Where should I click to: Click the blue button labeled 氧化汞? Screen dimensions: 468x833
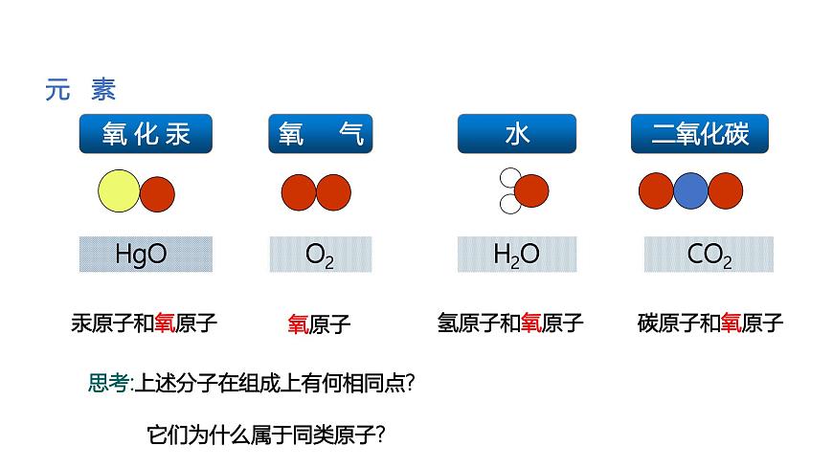click(x=145, y=134)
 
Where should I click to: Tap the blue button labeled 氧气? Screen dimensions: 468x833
click(x=320, y=134)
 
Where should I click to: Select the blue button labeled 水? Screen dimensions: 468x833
click(x=516, y=134)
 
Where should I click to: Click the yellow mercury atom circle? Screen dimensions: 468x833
click(x=119, y=192)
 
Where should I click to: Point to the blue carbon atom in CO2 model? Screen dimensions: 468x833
click(x=690, y=191)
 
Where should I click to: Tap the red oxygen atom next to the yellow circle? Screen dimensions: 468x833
click(x=157, y=194)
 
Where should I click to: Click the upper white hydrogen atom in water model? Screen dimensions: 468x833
click(x=508, y=178)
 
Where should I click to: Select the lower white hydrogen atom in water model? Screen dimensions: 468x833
click(x=508, y=204)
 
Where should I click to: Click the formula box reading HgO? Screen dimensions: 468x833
click(x=145, y=254)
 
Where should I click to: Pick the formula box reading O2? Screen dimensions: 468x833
click(x=320, y=255)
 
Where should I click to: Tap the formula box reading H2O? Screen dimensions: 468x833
click(x=516, y=254)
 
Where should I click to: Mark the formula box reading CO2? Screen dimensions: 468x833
click(x=709, y=255)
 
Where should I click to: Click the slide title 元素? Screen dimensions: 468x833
click(x=80, y=90)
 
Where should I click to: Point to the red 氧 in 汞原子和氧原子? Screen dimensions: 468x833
click(x=166, y=323)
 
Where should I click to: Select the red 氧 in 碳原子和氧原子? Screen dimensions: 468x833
click(x=732, y=323)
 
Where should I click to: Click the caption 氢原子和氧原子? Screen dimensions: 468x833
click(x=509, y=323)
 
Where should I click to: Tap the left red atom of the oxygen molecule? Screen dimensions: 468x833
click(x=299, y=192)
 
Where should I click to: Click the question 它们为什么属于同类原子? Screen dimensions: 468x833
click(x=266, y=434)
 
